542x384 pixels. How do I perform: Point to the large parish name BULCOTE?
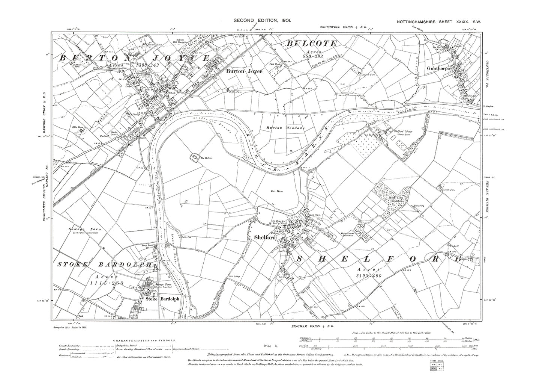pyautogui.click(x=312, y=44)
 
